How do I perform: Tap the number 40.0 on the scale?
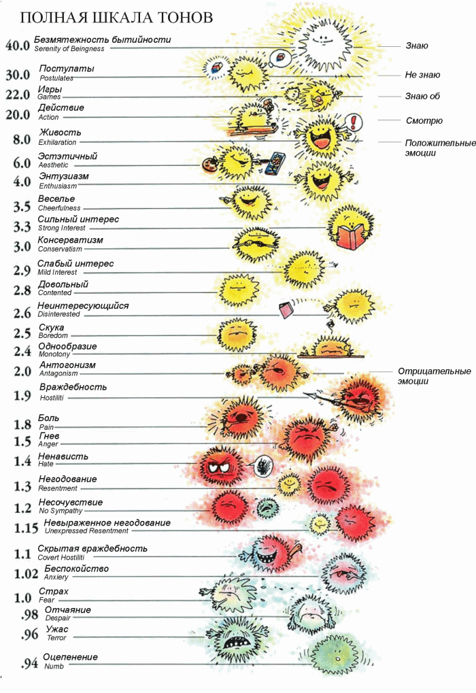point(18,46)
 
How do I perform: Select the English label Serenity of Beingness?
point(71,50)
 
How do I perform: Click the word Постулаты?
point(67,69)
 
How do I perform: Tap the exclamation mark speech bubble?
point(355,122)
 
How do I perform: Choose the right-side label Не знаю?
point(422,75)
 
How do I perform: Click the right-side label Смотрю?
point(424,120)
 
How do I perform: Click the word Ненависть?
point(63,456)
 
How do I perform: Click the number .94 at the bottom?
point(29,664)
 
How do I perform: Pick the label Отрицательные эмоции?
point(434,376)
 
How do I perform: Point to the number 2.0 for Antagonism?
point(23,371)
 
